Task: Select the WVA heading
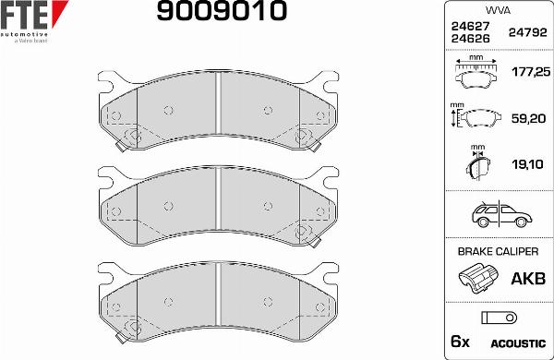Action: click(497, 10)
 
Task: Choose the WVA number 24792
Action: click(526, 32)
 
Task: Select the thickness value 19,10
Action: click(528, 164)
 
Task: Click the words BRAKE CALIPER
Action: click(497, 251)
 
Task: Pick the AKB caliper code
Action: click(527, 278)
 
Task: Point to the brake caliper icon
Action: click(477, 278)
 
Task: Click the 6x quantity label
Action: click(459, 342)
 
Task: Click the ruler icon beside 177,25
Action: click(477, 71)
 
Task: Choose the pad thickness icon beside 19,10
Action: click(477, 166)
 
